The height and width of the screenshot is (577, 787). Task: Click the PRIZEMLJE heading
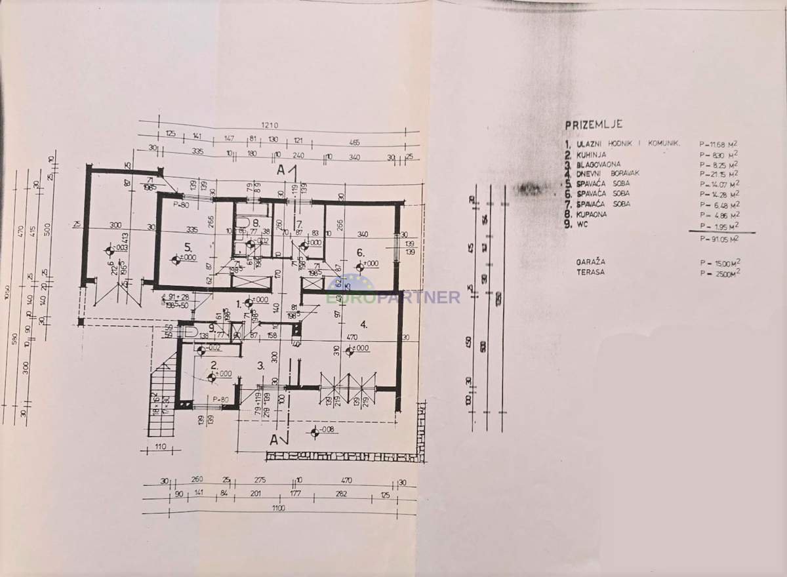594,124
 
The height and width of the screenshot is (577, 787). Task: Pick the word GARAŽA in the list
591,261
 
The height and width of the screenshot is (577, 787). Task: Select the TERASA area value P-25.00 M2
720,271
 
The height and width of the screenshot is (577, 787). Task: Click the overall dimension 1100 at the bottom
279,509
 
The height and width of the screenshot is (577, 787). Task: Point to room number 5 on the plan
169,247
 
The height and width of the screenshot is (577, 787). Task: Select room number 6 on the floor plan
360,252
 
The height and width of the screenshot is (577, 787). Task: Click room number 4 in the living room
363,324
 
